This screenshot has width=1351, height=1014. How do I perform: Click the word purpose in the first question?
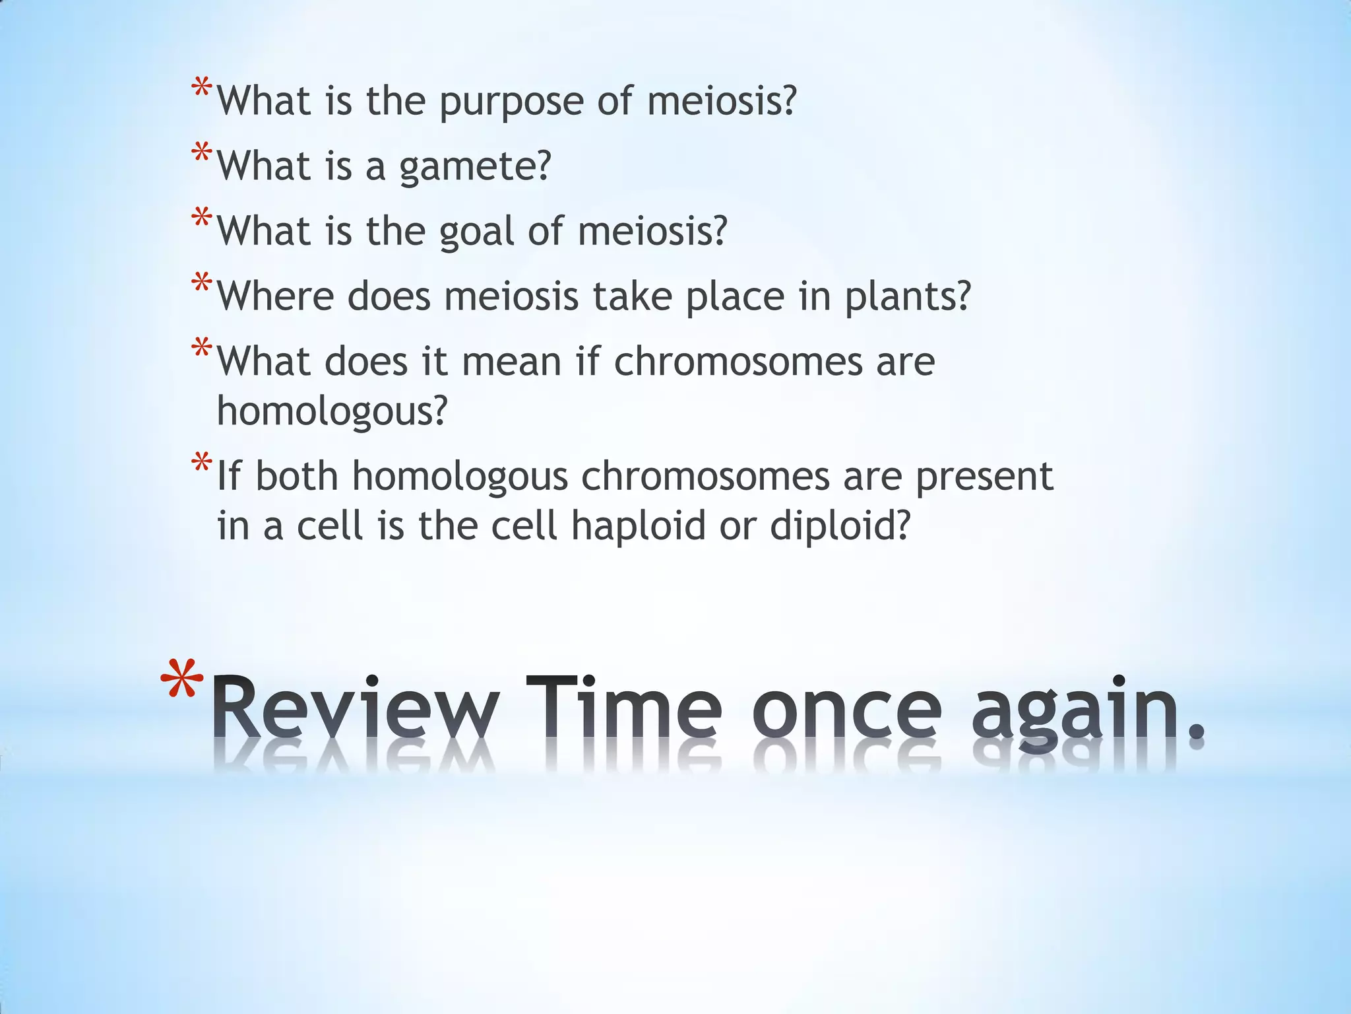(511, 103)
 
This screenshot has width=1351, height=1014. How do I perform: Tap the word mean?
(511, 362)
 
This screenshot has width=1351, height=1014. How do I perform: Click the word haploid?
(638, 525)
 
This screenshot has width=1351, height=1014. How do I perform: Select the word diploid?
(840, 527)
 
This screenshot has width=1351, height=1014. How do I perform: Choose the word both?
(297, 476)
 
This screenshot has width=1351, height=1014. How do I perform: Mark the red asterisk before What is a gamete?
(202, 154)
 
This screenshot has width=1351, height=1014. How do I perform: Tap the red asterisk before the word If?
(202, 463)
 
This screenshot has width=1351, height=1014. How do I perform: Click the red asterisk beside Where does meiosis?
(202, 285)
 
